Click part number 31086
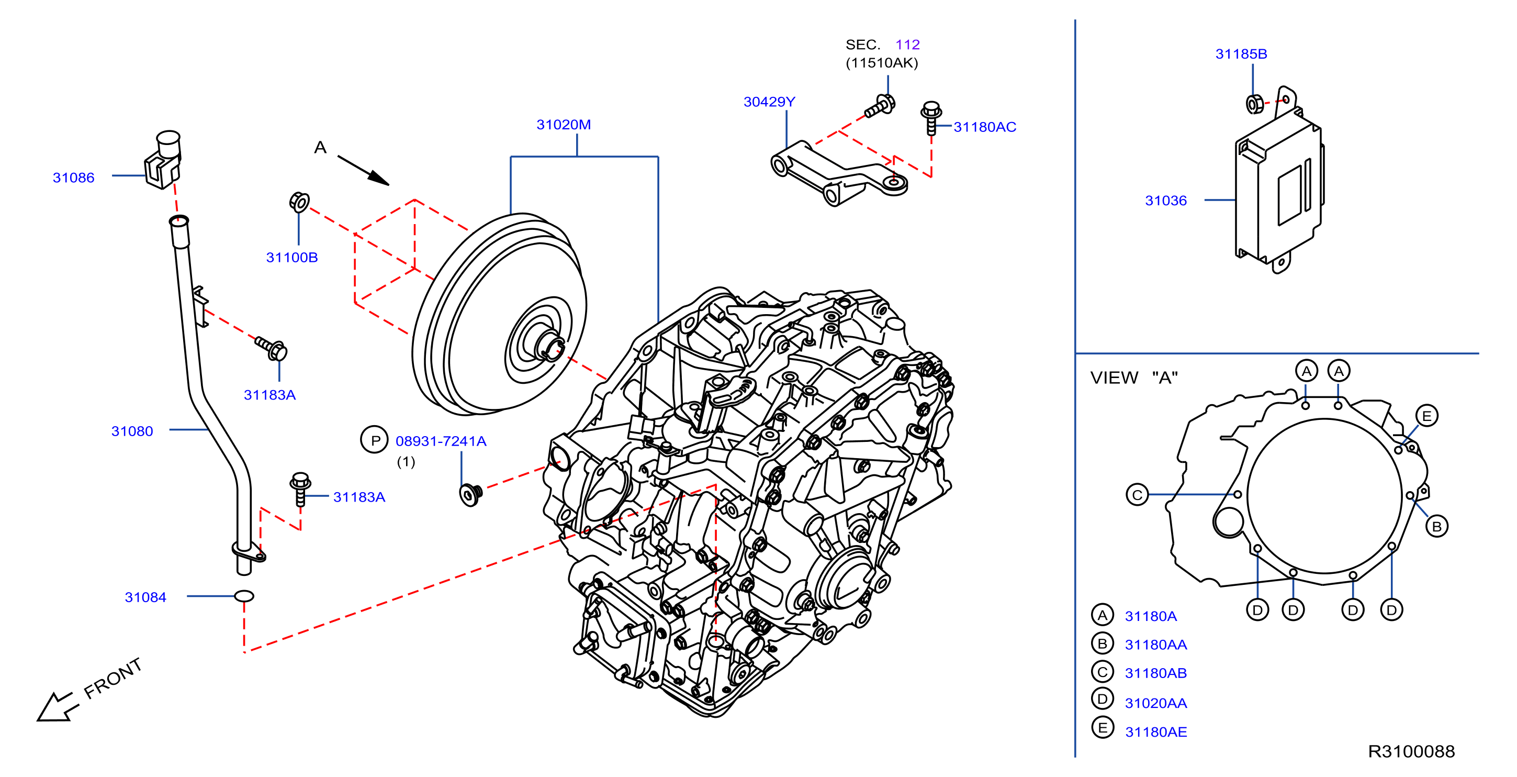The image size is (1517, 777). [x=74, y=177]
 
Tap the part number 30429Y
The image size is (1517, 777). [x=769, y=102]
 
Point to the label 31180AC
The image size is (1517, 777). [x=985, y=127]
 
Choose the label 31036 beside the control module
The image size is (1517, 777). [x=1165, y=201]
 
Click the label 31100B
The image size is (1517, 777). [x=292, y=257]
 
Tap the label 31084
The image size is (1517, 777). [x=145, y=597]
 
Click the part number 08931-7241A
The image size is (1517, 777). [x=441, y=441]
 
